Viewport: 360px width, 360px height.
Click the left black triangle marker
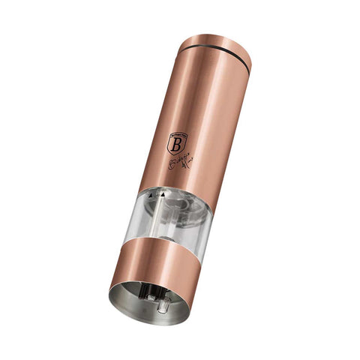(152, 194)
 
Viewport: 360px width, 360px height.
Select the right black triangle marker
(161, 194)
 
